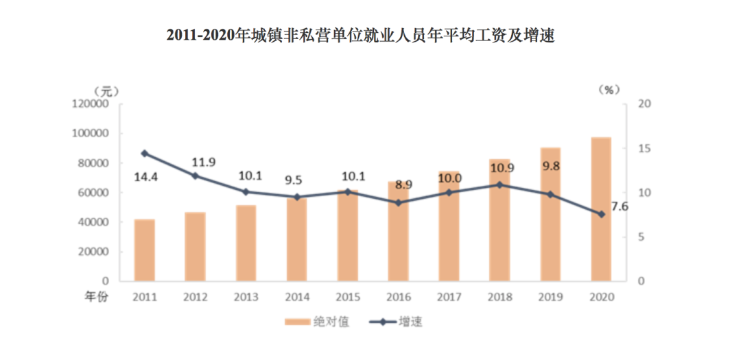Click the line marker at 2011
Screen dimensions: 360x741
[x=145, y=154]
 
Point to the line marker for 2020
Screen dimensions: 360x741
[x=602, y=214]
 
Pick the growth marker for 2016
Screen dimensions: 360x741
[x=399, y=203]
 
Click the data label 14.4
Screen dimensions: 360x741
[x=146, y=177]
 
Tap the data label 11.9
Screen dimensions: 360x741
[x=203, y=162]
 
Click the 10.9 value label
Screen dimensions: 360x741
[x=501, y=167]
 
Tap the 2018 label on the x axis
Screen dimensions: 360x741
[x=500, y=298]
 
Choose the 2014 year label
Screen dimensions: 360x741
[x=297, y=298]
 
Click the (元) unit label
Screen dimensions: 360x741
[x=105, y=91]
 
